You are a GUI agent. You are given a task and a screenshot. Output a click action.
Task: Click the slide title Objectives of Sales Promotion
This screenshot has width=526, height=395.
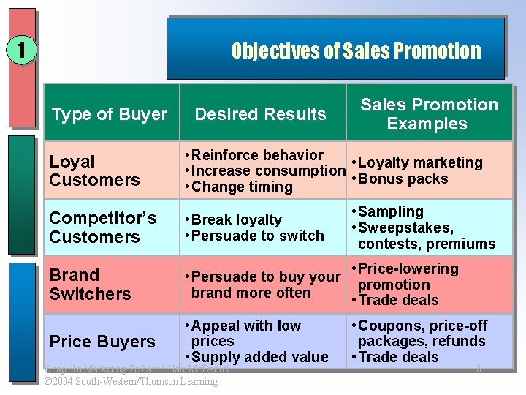coord(356,51)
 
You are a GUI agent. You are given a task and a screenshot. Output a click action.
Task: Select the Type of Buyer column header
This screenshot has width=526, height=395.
coord(110,114)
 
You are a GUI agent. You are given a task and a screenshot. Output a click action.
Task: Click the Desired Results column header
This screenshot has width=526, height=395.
coord(260,114)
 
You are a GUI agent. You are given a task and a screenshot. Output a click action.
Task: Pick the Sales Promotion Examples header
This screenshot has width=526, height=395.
coord(429,114)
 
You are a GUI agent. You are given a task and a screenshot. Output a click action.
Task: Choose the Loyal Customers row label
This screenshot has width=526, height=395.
coord(94,170)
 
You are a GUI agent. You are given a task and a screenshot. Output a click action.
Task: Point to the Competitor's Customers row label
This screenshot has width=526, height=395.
coord(102,227)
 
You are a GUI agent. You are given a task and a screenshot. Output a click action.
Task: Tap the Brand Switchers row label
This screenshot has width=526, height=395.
coord(90,285)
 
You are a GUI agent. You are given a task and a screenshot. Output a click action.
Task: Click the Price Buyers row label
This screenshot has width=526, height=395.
coord(102,342)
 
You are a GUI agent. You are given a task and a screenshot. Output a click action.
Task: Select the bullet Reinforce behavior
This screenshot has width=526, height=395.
coord(256,155)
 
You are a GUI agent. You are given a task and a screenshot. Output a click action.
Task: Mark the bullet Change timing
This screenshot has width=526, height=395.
coord(241,187)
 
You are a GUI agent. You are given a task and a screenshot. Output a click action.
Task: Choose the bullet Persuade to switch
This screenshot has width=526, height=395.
coord(256,236)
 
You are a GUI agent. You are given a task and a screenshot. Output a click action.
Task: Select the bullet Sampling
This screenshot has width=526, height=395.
coord(390,211)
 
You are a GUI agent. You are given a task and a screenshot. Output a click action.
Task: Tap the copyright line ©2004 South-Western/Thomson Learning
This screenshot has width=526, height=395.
coord(131,382)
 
